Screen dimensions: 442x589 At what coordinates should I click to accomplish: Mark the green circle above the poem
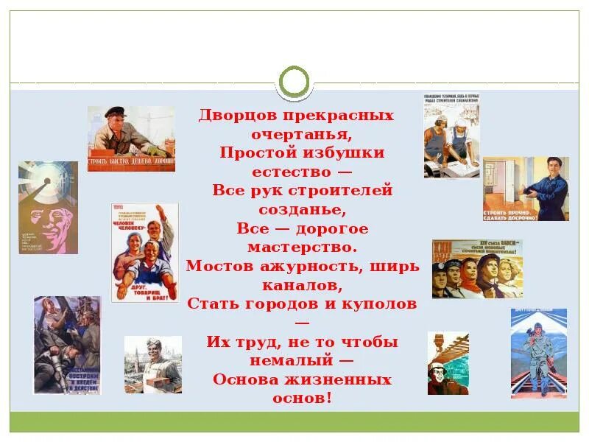coord(295,82)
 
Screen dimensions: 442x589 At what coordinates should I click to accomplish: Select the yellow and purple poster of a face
coord(49,208)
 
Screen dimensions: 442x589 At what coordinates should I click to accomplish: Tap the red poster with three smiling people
coord(145,253)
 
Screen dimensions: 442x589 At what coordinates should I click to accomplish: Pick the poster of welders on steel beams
coord(67,344)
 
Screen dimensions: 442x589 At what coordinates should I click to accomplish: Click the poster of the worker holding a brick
coord(152,365)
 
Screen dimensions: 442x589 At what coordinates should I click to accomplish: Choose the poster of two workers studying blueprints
coord(451,136)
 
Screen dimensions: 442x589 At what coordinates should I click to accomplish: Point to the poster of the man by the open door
coord(526,189)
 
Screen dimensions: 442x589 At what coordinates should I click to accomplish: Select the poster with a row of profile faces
coord(477,269)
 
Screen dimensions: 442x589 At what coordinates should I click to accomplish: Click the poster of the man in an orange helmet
coord(448,363)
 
